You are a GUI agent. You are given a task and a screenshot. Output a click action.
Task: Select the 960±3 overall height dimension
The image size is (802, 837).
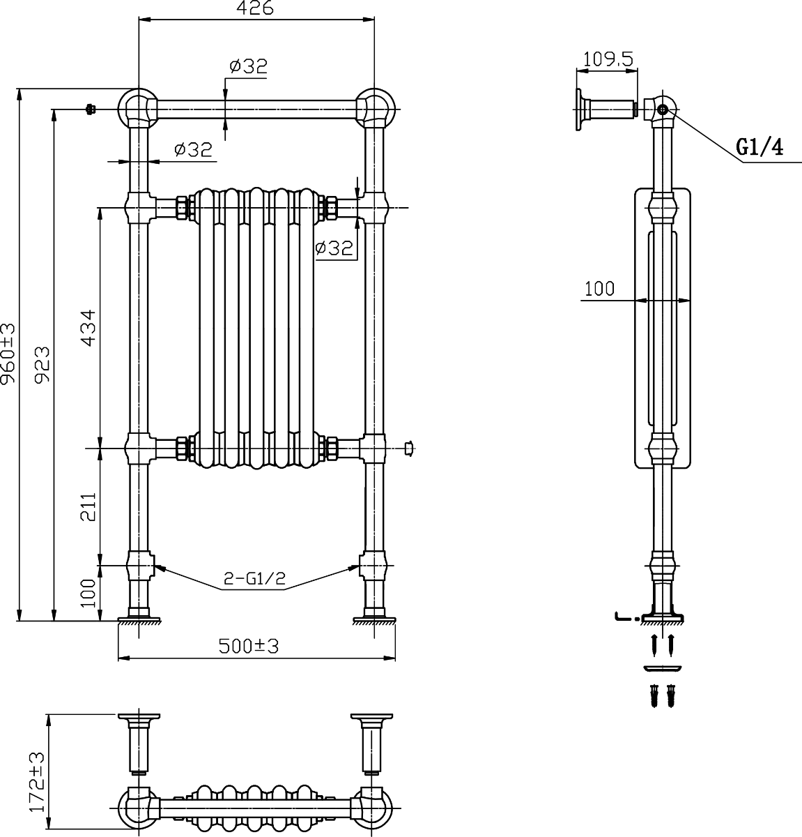click(x=8, y=354)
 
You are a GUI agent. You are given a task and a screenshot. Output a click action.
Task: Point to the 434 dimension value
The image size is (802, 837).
click(x=88, y=327)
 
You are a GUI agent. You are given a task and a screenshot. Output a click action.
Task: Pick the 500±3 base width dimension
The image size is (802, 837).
click(x=249, y=647)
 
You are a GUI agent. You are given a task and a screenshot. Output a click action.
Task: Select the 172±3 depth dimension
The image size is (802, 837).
click(x=36, y=782)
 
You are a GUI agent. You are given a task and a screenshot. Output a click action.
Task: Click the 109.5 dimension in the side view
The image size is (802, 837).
click(x=608, y=59)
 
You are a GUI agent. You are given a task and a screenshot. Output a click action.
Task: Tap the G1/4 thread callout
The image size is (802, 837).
click(x=759, y=148)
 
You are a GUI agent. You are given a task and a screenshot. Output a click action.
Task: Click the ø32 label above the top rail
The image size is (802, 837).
click(x=248, y=66)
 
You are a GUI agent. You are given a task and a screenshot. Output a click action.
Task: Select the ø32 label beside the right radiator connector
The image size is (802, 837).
click(x=334, y=248)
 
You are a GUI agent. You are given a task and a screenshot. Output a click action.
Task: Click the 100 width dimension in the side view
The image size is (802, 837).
click(x=599, y=289)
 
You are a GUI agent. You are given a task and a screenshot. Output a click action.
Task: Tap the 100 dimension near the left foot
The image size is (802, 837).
click(x=88, y=592)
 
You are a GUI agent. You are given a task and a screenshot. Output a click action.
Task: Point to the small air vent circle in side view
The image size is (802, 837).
click(x=663, y=110)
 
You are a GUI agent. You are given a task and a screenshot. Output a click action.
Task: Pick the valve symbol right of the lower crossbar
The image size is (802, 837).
click(x=410, y=449)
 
